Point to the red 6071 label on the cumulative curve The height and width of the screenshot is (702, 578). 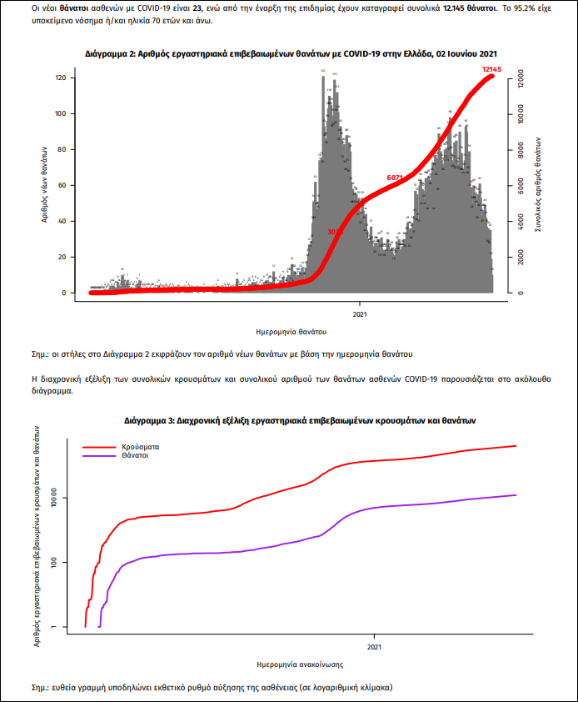click(395, 178)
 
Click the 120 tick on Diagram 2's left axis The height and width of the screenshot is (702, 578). click(60, 78)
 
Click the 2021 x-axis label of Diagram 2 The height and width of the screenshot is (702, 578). click(360, 314)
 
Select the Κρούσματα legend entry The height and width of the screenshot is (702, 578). click(140, 447)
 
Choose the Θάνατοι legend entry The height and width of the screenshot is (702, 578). click(137, 456)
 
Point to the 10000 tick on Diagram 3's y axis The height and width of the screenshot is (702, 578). click(59, 499)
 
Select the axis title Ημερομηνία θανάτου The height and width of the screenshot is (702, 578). click(291, 332)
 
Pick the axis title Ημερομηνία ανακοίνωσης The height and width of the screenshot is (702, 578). click(297, 664)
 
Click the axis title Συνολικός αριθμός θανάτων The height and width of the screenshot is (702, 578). click(539, 185)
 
